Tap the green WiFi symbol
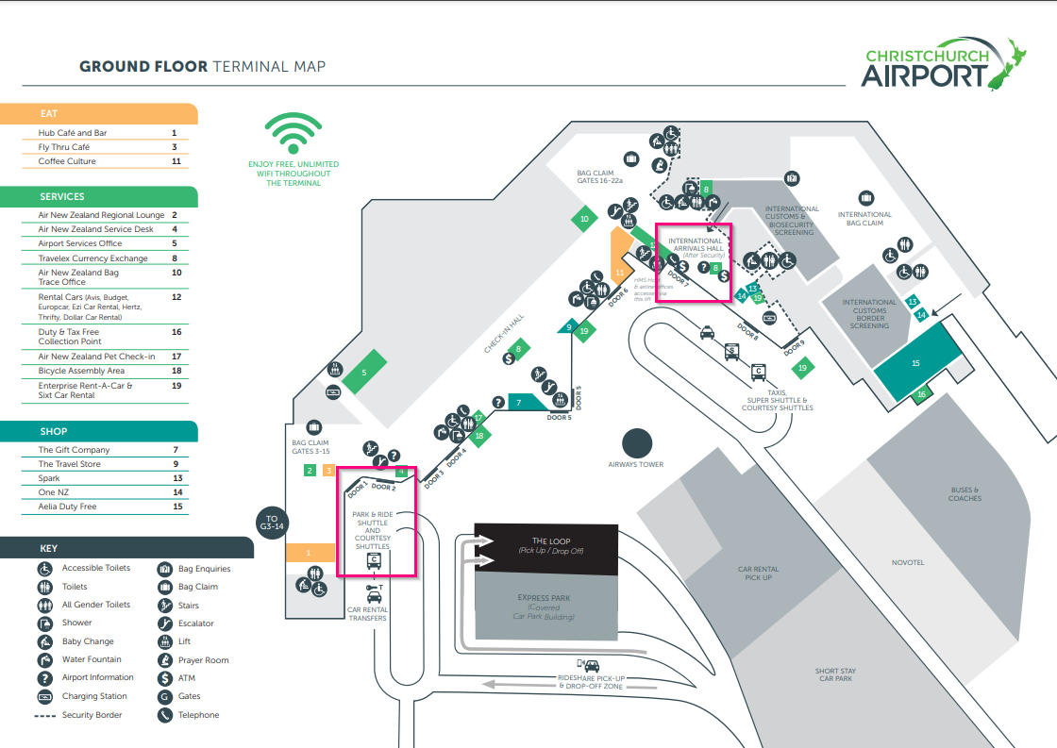tap(293, 135)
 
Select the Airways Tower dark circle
tap(638, 443)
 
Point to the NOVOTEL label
tap(908, 563)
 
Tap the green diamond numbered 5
tap(363, 373)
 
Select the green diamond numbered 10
tap(585, 219)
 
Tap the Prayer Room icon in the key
tap(164, 660)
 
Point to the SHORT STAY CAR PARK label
tap(836, 674)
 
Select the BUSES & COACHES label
tap(965, 494)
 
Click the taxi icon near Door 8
tap(705, 331)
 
